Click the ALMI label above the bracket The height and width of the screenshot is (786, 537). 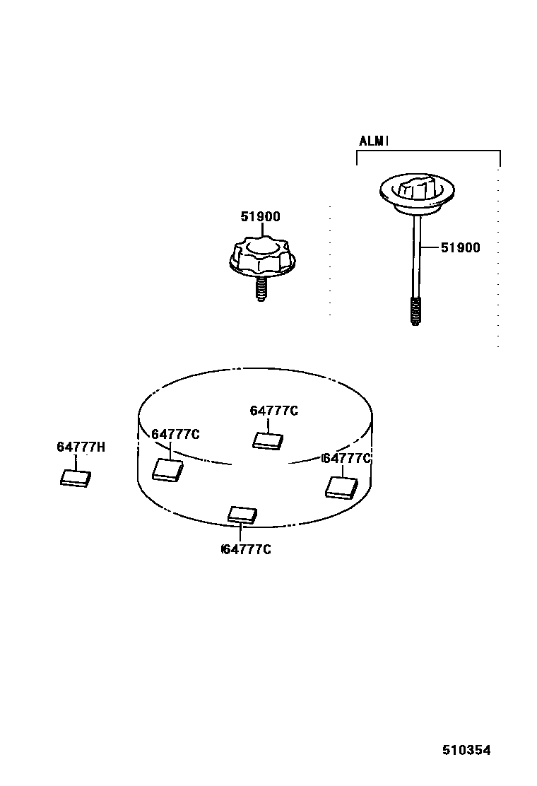(x=374, y=141)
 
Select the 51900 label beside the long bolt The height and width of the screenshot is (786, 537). (x=460, y=247)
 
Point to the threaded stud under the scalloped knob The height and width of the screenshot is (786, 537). (x=261, y=290)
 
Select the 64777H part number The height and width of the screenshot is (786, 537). (x=81, y=447)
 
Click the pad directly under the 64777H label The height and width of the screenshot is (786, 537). (x=76, y=479)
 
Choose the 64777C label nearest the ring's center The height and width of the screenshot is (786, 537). (x=274, y=411)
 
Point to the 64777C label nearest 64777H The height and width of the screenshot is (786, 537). (x=175, y=434)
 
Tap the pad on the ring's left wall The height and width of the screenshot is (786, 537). (x=168, y=469)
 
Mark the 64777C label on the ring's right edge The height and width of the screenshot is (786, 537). (x=346, y=458)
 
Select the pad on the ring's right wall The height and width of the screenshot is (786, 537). (x=340, y=487)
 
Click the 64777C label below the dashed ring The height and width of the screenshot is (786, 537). (x=246, y=549)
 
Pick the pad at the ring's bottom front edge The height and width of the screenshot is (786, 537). (x=242, y=514)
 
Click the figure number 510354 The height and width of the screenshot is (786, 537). (x=466, y=750)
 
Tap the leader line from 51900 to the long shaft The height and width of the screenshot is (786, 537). (x=430, y=248)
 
